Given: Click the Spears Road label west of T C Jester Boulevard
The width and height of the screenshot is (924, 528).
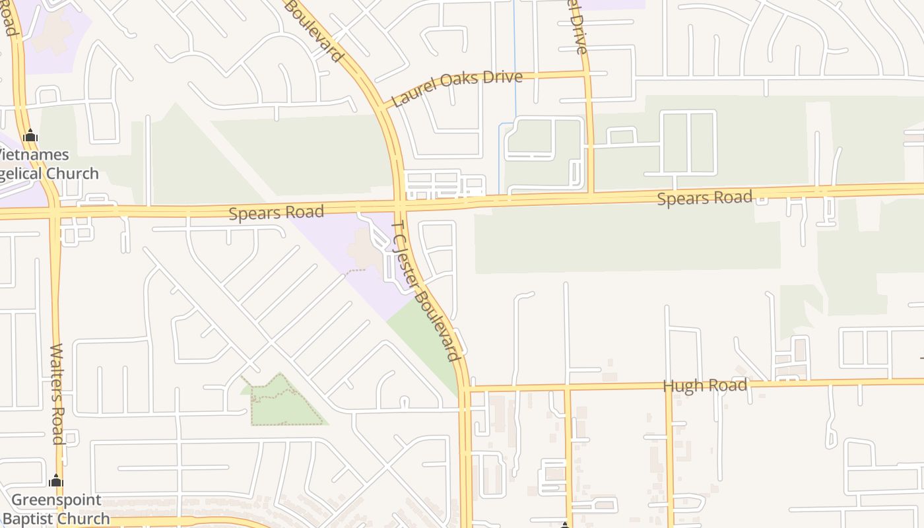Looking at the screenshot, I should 277,213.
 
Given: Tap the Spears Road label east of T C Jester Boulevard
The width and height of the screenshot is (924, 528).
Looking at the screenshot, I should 704,197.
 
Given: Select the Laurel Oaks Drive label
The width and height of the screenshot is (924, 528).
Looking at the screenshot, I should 457,88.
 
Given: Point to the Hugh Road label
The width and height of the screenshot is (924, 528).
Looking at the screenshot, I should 705,385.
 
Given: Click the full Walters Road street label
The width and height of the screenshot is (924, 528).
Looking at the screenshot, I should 57,393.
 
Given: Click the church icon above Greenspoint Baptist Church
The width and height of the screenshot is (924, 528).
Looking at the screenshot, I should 56,480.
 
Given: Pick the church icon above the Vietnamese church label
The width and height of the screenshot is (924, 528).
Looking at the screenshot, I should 30,137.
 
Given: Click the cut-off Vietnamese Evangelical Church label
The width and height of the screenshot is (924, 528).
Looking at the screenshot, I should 46,164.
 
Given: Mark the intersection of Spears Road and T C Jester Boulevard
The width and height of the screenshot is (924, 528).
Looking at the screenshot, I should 400,205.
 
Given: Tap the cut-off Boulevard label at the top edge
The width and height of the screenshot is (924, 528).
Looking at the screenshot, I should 315,30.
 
